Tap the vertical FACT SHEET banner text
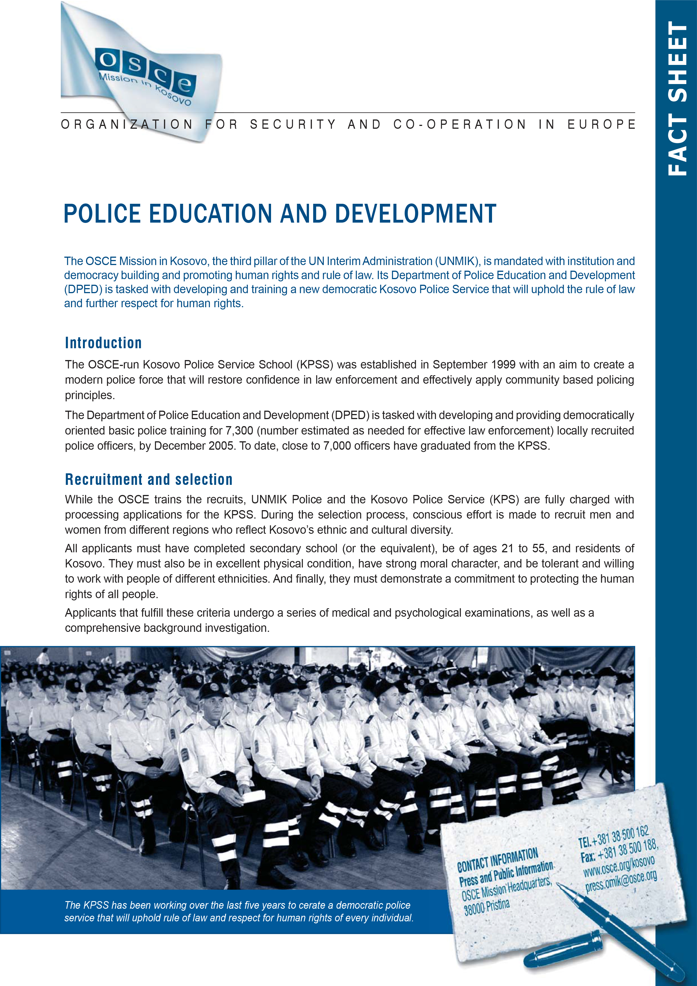click(x=677, y=99)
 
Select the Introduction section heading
click(x=103, y=343)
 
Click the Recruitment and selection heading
click(x=148, y=479)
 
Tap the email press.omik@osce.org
click(x=621, y=882)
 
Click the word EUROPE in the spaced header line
click(x=601, y=125)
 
